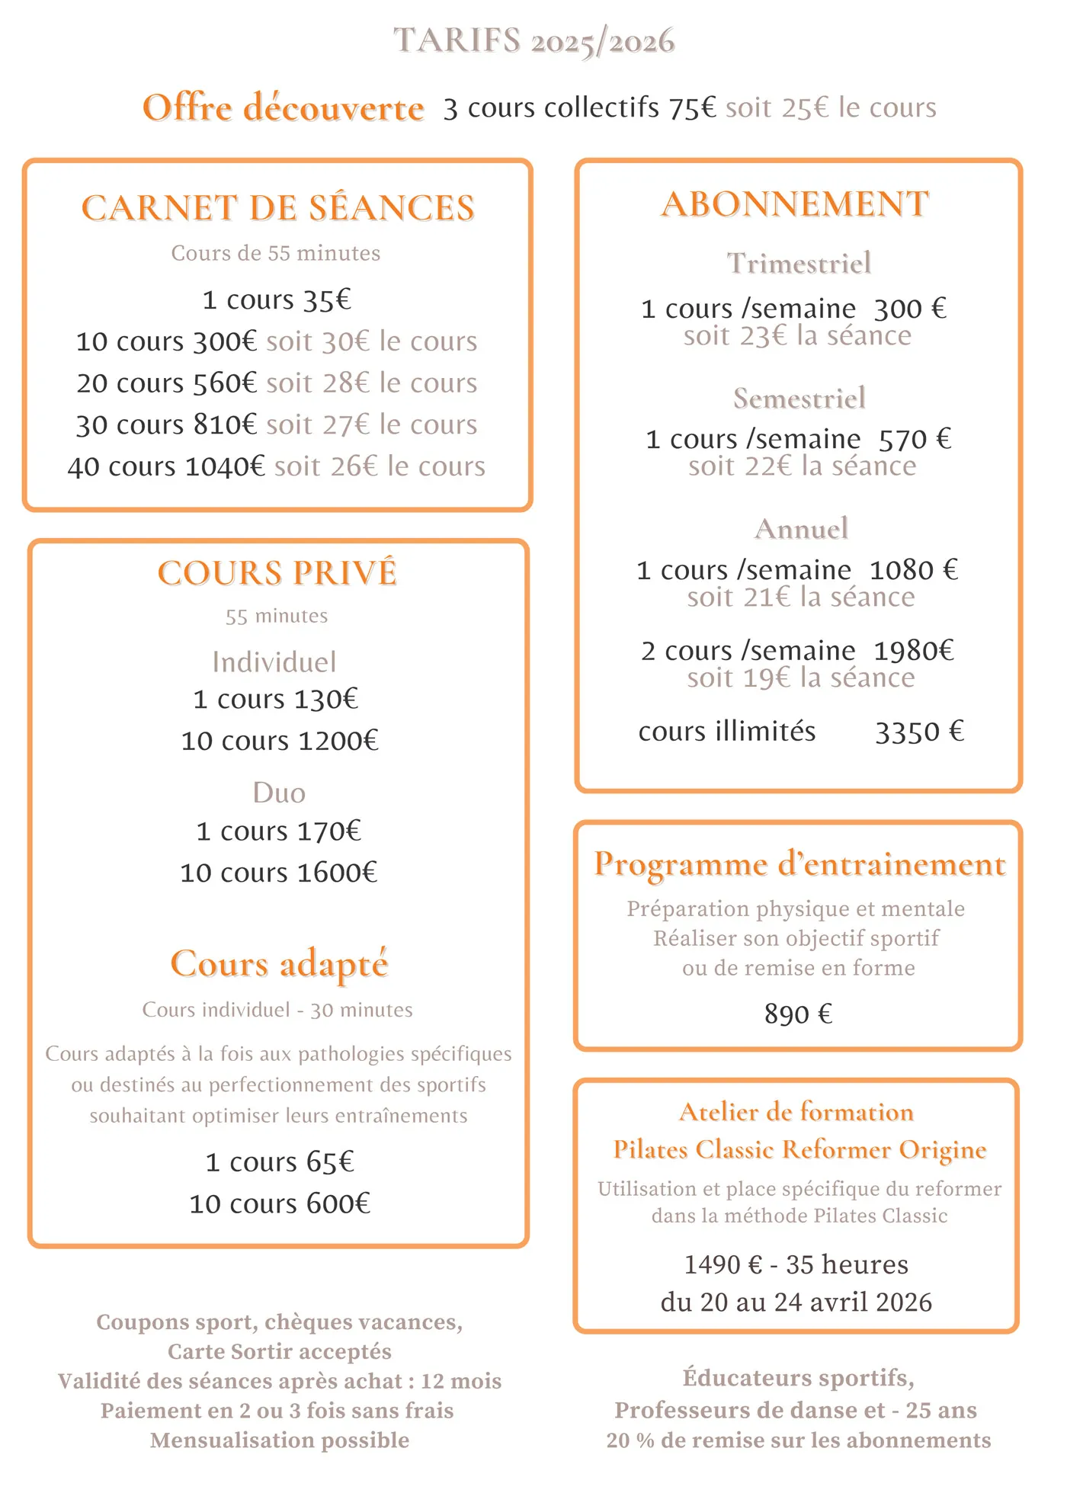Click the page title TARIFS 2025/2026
pos(533,41)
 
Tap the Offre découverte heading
pos(283,108)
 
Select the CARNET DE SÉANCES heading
pos(278,208)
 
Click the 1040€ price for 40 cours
pos(225,466)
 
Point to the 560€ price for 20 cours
pos(224,383)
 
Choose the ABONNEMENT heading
pos(795,204)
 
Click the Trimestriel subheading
pos(799,264)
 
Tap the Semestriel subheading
pos(799,399)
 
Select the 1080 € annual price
pos(913,570)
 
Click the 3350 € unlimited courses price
pos(919,732)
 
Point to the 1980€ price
pos(913,651)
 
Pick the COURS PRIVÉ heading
pos(277,573)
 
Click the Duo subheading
pos(279,793)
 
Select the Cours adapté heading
pos(279,964)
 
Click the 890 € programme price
pos(798,1014)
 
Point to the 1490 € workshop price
pos(723,1265)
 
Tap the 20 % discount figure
pos(630,1440)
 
